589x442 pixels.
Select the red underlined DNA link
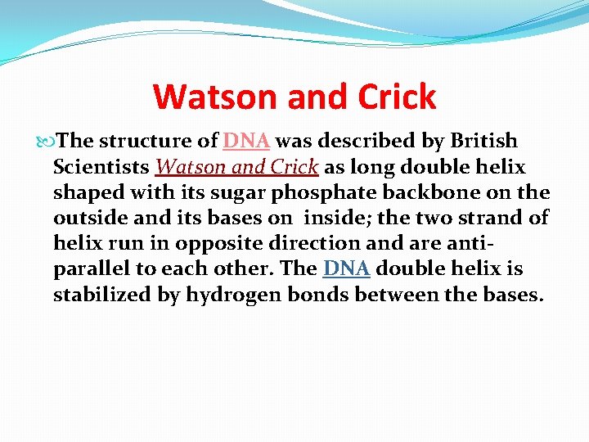coord(246,142)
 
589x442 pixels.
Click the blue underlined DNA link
coord(347,269)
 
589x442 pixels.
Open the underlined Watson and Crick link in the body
coord(236,167)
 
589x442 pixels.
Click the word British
coord(483,142)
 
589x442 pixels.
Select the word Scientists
coord(101,167)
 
